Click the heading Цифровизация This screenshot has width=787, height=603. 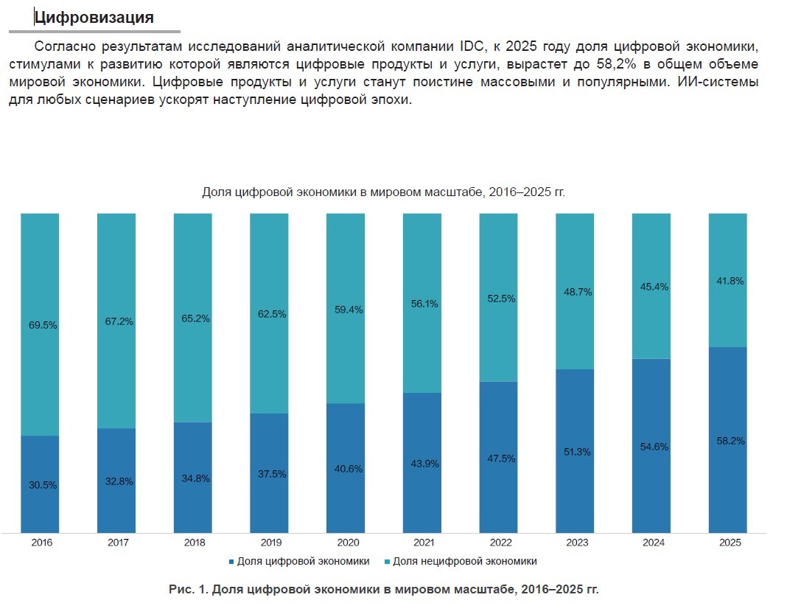[x=94, y=17]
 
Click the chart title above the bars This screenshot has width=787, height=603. [x=383, y=192]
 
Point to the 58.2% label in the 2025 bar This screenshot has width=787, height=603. [x=730, y=441]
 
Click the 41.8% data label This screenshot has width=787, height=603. [x=730, y=281]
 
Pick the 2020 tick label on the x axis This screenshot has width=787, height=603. [x=347, y=543]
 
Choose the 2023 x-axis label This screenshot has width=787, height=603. [x=576, y=543]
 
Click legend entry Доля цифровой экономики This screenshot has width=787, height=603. [x=303, y=561]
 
